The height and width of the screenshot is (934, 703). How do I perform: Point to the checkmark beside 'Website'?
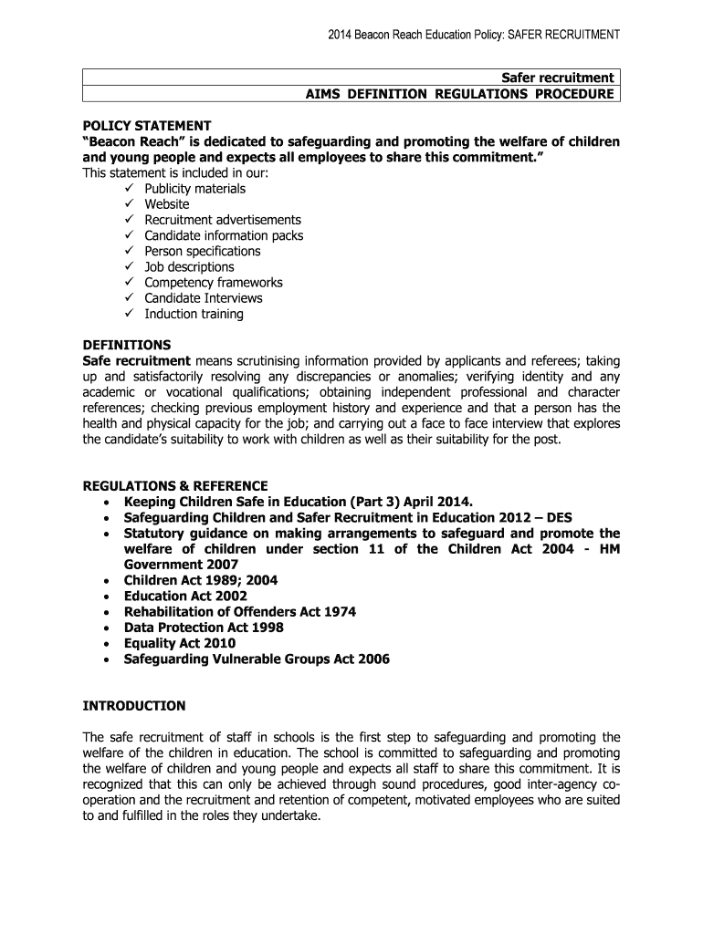coord(127,204)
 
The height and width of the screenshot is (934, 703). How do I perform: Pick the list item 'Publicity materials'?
coord(194,189)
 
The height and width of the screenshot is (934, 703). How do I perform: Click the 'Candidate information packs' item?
coord(224,235)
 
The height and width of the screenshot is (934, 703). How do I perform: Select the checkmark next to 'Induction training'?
coord(127,314)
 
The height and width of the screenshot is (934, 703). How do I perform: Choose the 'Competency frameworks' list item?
coord(214,283)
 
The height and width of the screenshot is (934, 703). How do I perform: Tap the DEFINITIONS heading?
coord(127,345)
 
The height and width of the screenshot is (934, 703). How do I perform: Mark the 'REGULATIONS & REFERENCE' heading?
coord(175,485)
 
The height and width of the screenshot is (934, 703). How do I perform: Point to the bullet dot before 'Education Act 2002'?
coord(109,597)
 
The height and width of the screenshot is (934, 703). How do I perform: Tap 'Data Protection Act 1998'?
coord(204,628)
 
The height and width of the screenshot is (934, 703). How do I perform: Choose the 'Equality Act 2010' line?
coord(179,643)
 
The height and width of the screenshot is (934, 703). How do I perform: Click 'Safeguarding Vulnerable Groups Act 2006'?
coord(257,659)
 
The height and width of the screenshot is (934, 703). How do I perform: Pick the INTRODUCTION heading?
coord(134,706)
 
